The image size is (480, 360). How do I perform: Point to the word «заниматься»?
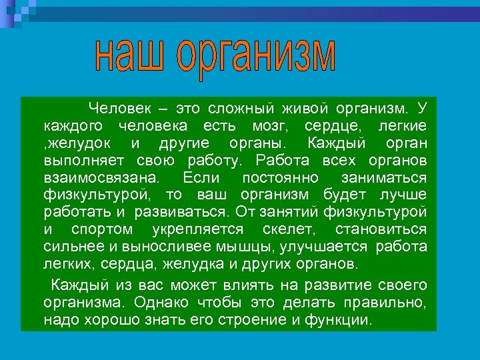coord(383,178)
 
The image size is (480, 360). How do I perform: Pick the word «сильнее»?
coord(71,247)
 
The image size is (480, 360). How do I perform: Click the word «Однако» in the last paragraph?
coord(159,302)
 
